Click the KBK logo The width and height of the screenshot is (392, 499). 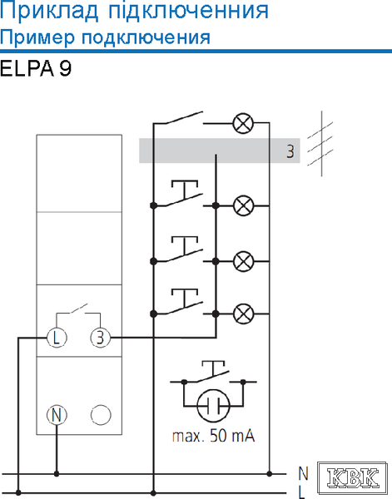(353, 478)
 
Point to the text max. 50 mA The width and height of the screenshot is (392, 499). (213, 436)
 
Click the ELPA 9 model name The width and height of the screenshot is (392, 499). (36, 68)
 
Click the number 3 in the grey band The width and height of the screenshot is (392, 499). (290, 151)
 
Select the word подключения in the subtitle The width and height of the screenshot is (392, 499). (146, 37)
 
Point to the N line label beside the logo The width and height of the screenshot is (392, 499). (304, 473)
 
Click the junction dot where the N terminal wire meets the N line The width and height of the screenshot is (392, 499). (57, 474)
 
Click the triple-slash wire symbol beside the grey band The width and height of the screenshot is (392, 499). (320, 143)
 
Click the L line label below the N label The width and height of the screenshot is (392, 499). (302, 492)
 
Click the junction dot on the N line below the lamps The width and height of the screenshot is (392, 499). (270, 474)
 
